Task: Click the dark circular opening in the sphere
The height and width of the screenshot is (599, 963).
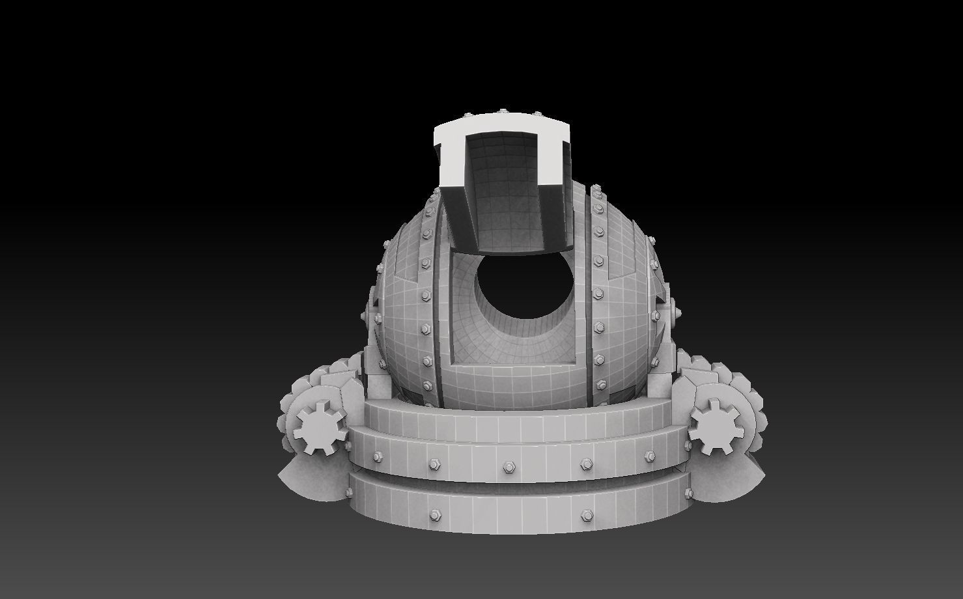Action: (525, 292)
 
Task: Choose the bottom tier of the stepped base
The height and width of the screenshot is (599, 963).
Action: (508, 505)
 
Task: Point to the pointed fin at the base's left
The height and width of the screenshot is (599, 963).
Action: (306, 479)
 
